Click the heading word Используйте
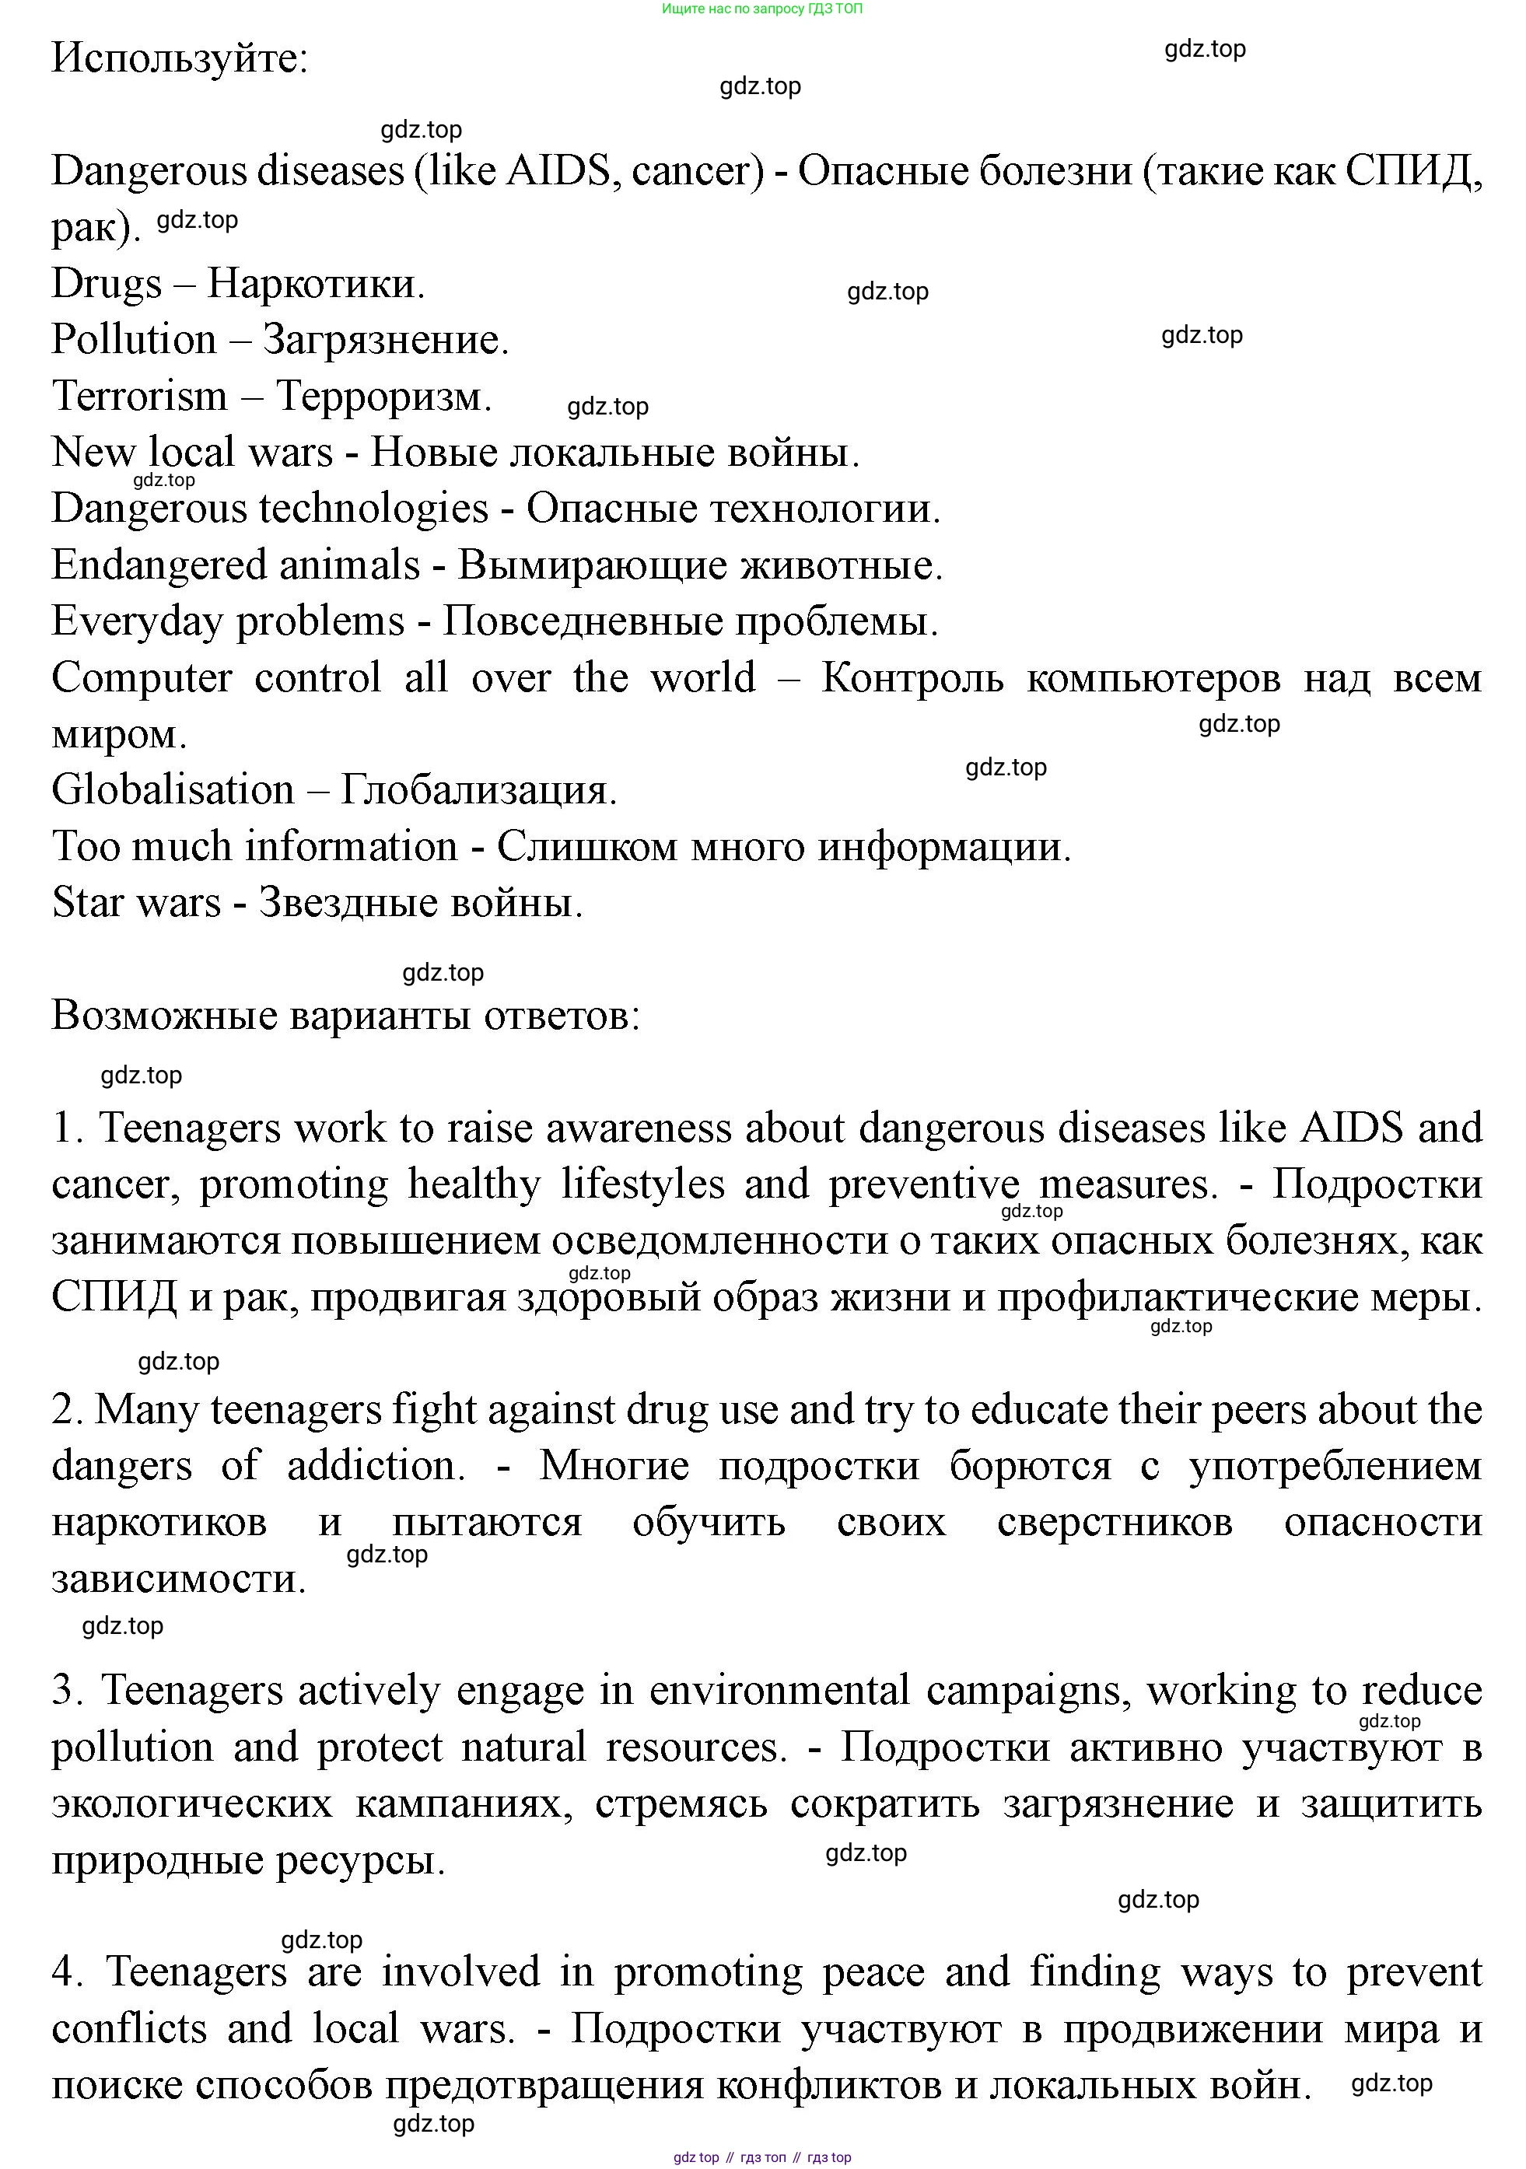(180, 58)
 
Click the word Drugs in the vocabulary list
(107, 283)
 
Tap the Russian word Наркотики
(316, 283)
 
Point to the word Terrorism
(140, 396)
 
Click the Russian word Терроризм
(383, 396)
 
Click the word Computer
(142, 677)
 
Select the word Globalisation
(173, 790)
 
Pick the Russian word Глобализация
(478, 790)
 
